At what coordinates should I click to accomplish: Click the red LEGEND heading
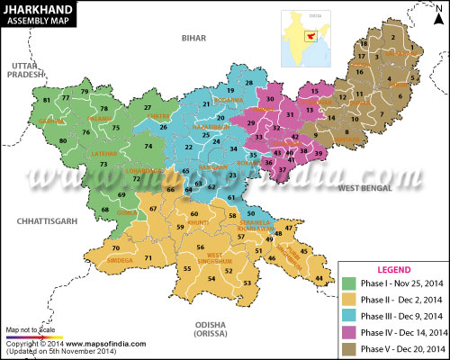pyautogui.click(x=392, y=269)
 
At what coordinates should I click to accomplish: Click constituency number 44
pyautogui.click(x=319, y=279)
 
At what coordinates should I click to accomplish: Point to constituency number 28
pyautogui.click(x=248, y=84)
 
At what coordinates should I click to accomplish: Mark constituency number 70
pyautogui.click(x=116, y=248)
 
